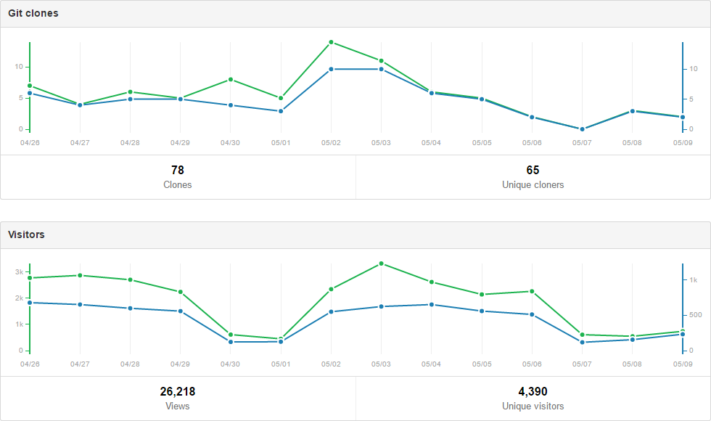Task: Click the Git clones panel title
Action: [x=33, y=13]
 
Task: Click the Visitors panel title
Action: [x=26, y=234]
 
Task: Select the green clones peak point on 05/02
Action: [x=331, y=42]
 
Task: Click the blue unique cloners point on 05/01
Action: [x=281, y=111]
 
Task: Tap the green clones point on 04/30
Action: [x=231, y=79]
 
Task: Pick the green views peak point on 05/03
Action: [x=381, y=263]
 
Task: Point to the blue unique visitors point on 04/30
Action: [x=231, y=342]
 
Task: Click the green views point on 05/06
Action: [x=532, y=291]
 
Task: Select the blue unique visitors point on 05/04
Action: [x=432, y=305]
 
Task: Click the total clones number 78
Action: [x=178, y=170]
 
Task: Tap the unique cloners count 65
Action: [x=533, y=170]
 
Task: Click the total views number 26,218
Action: [x=178, y=391]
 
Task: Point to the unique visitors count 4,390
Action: [x=533, y=391]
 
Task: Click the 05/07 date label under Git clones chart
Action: [x=582, y=142]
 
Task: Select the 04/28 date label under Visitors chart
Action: [x=130, y=364]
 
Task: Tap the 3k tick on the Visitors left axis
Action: [x=19, y=271]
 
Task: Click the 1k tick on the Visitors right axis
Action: [x=693, y=279]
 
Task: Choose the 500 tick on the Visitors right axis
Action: [x=695, y=315]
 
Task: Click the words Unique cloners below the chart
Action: [x=533, y=185]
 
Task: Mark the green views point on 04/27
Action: [x=80, y=275]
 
